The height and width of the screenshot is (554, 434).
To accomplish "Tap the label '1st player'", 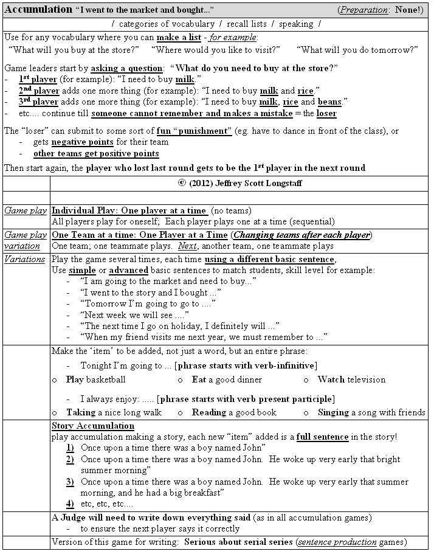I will tap(38, 80).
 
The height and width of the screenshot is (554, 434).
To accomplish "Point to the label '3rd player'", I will tap(38, 102).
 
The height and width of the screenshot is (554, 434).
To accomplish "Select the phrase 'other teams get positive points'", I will tap(96, 153).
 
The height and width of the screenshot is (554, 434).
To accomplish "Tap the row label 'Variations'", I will tap(24, 259).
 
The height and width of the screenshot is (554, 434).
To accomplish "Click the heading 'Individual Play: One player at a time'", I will tap(129, 210).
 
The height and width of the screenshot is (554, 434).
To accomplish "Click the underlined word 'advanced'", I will tap(128, 270).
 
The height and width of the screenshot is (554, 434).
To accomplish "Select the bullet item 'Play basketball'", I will tap(95, 379).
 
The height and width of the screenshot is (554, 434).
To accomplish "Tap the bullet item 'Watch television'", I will tap(351, 379).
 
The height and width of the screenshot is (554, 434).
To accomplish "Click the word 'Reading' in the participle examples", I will tap(208, 412).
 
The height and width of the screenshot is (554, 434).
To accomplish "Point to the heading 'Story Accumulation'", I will tap(93, 426).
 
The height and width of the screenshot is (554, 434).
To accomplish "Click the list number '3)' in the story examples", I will tap(70, 482).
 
